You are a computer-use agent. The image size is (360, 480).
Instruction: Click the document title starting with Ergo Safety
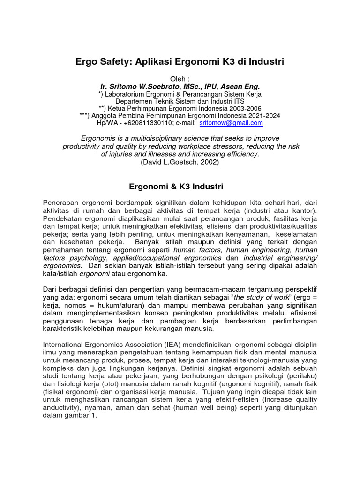(180, 61)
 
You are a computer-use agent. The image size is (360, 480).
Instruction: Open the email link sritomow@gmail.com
(231, 123)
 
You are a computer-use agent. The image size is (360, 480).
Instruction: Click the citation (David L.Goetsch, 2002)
(180, 162)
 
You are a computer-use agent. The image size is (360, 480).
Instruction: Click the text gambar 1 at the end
(82, 415)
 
